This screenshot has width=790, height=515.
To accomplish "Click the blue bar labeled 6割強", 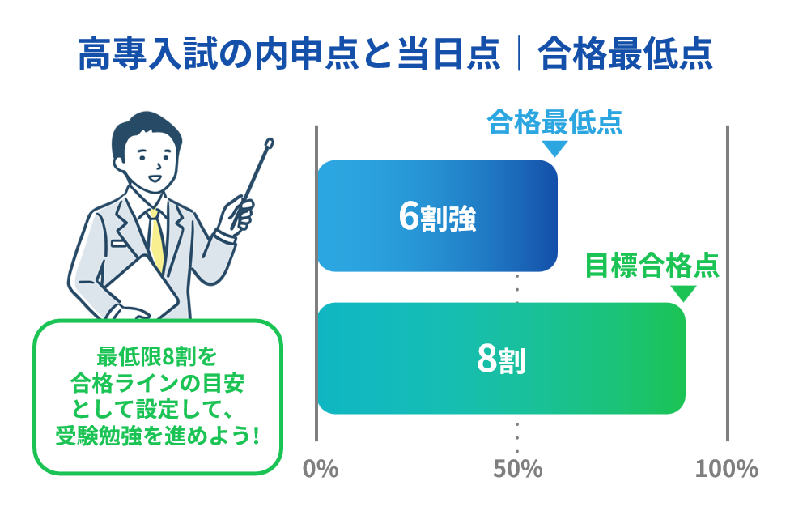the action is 437,215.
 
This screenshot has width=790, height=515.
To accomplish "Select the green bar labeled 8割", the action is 501,358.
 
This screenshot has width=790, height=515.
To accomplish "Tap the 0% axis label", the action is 321,469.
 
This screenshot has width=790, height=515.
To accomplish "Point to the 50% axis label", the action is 517,469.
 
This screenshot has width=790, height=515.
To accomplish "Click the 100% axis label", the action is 727,469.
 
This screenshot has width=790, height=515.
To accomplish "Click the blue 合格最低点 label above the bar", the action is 554,122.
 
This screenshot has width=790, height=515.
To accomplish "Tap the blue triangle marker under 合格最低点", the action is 554,148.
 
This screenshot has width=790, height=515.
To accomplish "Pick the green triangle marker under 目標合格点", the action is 684,293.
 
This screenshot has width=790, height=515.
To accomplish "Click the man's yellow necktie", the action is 157,240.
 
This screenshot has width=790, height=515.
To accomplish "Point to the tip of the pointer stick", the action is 270,142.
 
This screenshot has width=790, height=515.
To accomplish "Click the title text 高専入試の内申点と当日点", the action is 289,53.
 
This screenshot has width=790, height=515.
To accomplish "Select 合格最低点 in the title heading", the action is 625,53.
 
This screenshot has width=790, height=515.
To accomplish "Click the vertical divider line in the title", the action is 519,53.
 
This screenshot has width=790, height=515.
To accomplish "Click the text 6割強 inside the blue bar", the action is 437,217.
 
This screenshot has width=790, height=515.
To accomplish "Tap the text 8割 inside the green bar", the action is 501,360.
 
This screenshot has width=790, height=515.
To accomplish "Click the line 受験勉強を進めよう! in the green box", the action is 158,435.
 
